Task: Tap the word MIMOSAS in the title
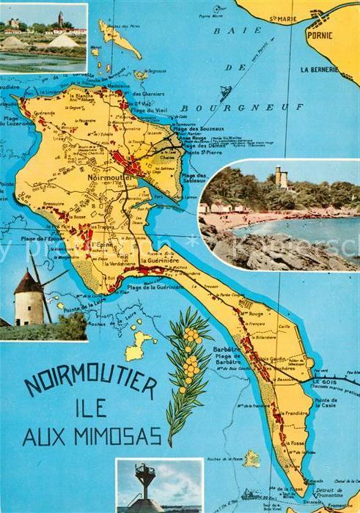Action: coord(124,438)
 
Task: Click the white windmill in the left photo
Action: coord(29,298)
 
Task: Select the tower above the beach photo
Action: coord(280,178)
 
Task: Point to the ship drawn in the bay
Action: coord(225,93)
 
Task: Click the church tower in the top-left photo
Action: coord(60,18)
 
